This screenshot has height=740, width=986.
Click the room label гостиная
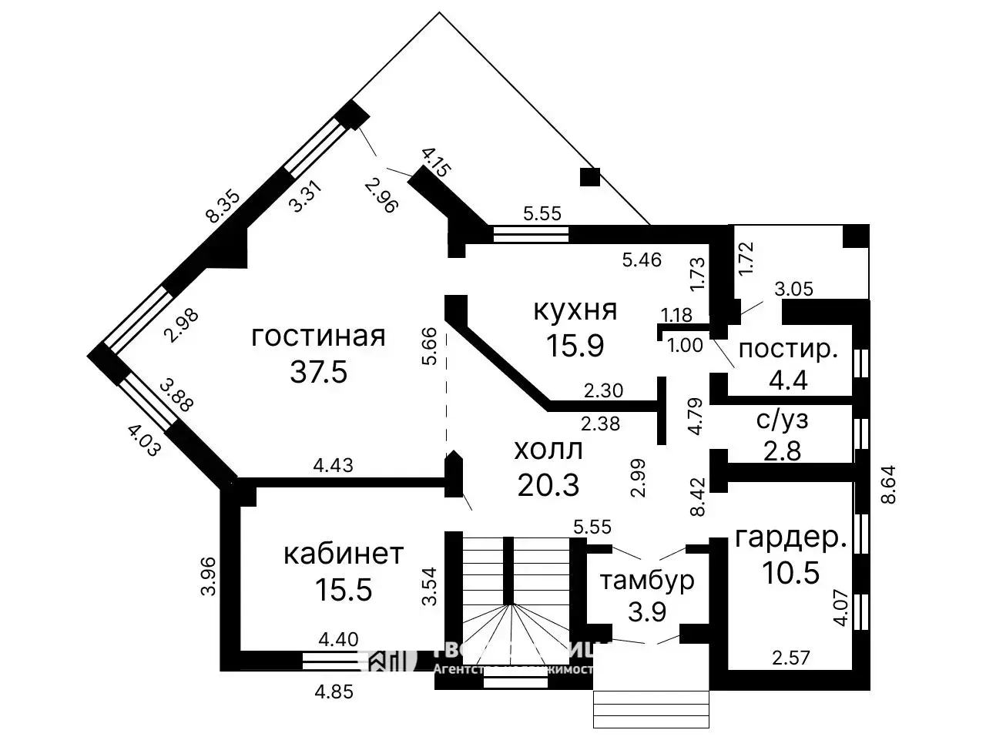tap(318, 337)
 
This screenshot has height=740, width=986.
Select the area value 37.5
tap(318, 372)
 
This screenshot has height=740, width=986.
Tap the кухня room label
tap(575, 310)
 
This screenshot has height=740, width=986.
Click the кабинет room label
tap(343, 554)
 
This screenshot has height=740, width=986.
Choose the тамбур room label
tap(647, 580)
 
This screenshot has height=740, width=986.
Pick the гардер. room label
tap(790, 538)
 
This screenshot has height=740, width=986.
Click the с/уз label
tap(782, 420)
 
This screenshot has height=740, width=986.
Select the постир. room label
tap(788, 350)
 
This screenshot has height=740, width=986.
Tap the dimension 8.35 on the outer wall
tap(223, 206)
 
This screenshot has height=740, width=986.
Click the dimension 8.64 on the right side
tap(890, 483)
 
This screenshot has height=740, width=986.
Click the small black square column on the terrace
tap(589, 177)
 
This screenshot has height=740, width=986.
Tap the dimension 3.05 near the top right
tap(793, 289)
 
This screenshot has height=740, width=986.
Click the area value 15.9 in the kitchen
tap(575, 345)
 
